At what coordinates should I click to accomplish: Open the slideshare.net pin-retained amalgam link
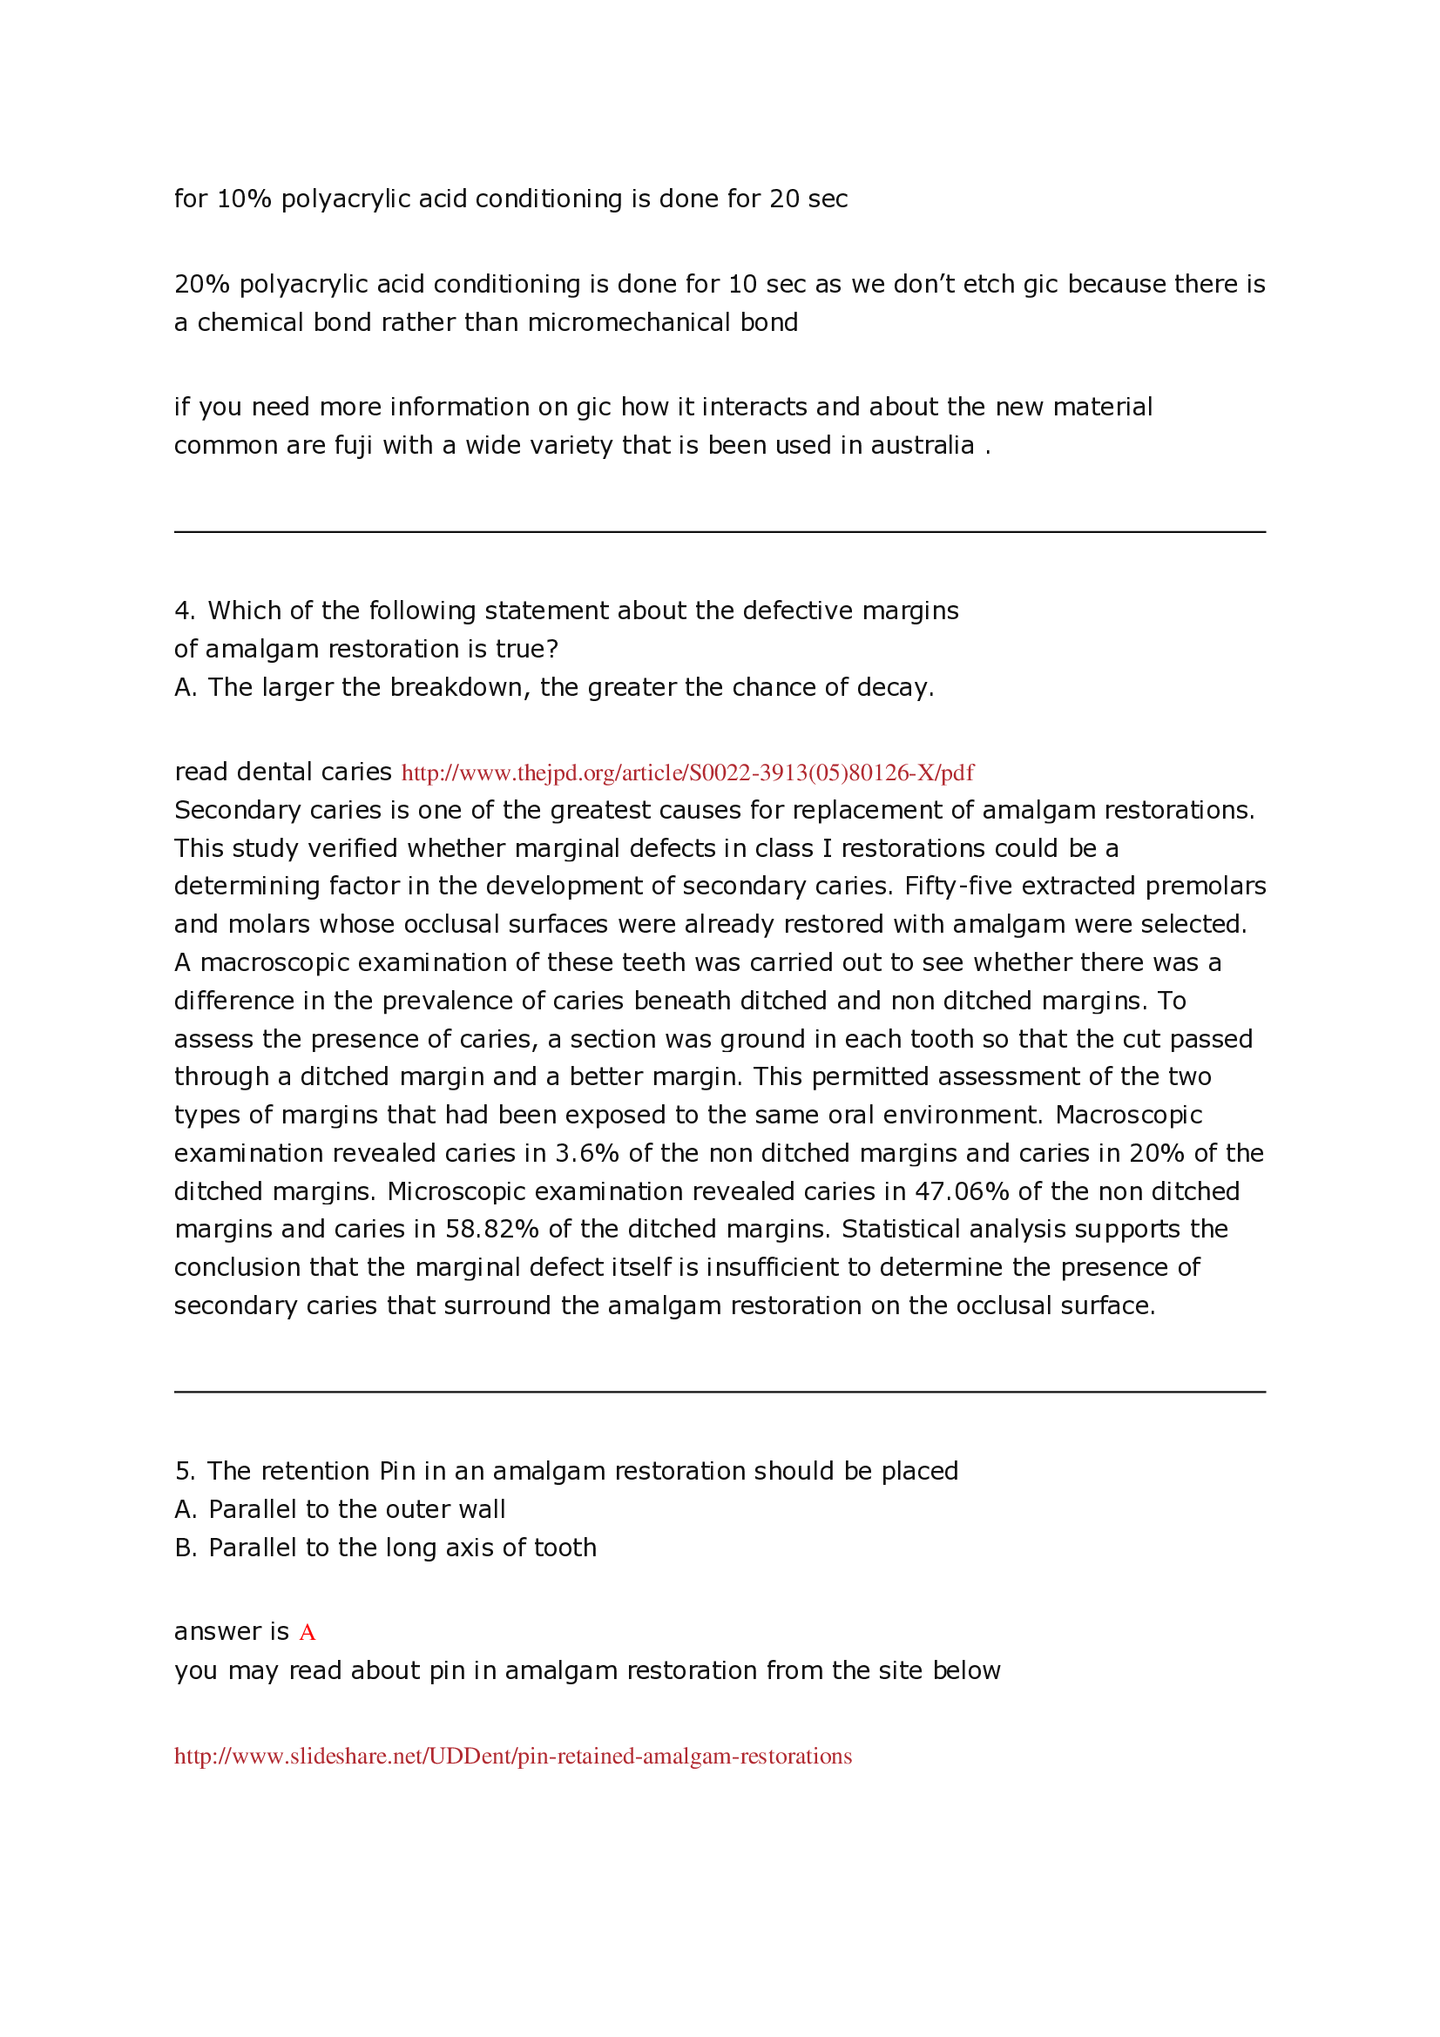512,1756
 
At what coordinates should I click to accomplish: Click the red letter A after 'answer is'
307,1632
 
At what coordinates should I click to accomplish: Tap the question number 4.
184,610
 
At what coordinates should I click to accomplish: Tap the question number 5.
184,1471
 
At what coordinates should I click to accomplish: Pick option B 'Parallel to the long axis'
385,1548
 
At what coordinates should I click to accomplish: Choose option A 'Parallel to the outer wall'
340,1509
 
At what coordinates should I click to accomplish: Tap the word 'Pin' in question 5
397,1471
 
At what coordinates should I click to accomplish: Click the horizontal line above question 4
719,532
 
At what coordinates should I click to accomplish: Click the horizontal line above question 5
719,1392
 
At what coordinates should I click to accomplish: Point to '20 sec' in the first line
808,199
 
